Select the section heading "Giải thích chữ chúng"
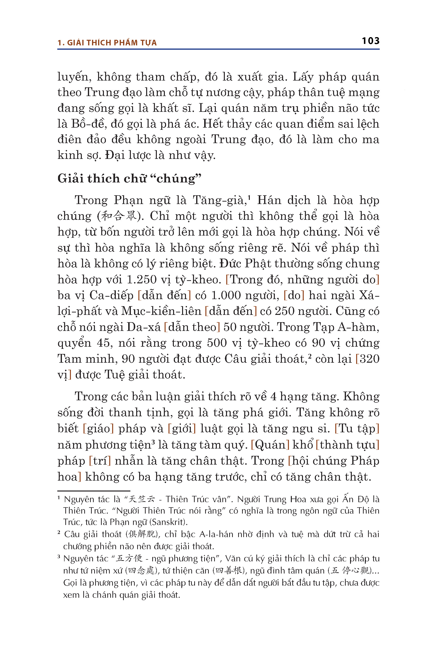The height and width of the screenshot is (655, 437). (129, 179)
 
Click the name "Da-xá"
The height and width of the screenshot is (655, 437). (143, 327)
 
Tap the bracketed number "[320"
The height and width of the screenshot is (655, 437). (367, 359)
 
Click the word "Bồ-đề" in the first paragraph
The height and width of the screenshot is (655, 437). (89, 124)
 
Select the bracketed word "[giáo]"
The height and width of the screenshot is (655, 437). (98, 429)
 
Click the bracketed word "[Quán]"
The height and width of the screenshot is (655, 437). (270, 445)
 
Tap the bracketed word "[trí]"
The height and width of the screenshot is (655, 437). (100, 461)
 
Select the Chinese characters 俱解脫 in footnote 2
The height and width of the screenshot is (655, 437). (142, 534)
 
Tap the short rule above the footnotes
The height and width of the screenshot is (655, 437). (94, 491)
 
